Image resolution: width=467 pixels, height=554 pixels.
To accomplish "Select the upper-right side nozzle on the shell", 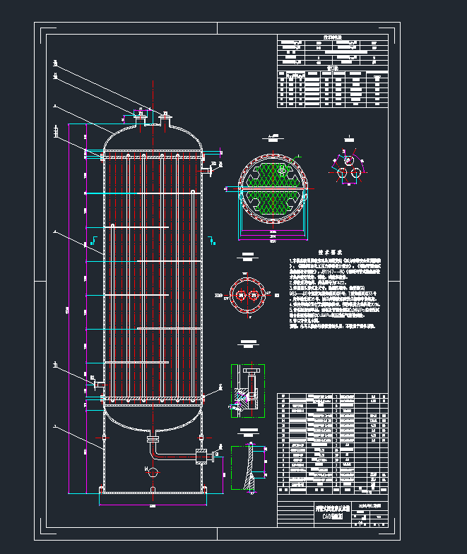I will click(208, 169).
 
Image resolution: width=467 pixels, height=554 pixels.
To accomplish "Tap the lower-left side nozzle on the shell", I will click(96, 383).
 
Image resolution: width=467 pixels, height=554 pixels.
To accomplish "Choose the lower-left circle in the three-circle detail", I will click(341, 173).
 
